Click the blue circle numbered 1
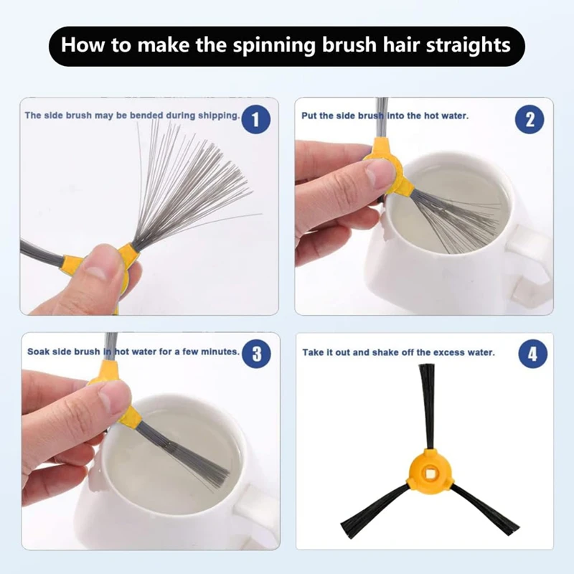[x=256, y=119]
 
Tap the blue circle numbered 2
[x=530, y=119]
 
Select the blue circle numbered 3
[x=257, y=354]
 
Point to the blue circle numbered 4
[x=533, y=354]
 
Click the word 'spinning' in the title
[x=274, y=45]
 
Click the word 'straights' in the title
[x=469, y=45]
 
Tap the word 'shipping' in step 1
[x=219, y=116]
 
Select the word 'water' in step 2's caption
[x=455, y=116]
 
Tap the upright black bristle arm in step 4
[x=427, y=406]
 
